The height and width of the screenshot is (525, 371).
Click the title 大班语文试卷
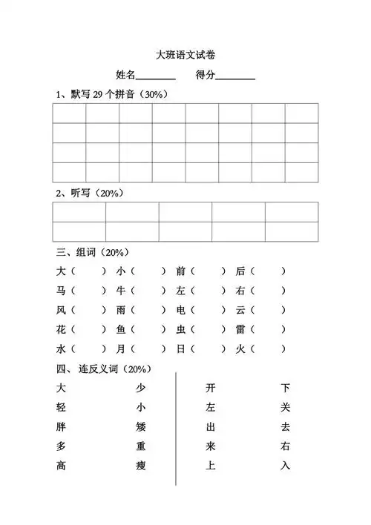pyautogui.click(x=185, y=54)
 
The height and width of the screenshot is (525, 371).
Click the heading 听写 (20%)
pyautogui.click(x=89, y=193)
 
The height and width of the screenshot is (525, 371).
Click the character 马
pyautogui.click(x=61, y=290)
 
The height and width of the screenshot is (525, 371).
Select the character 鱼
pyautogui.click(x=121, y=328)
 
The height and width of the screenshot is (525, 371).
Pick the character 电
pyautogui.click(x=181, y=309)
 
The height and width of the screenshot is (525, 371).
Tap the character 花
pyautogui.click(x=61, y=328)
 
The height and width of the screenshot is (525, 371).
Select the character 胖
pyautogui.click(x=61, y=426)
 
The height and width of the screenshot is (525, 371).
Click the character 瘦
pyautogui.click(x=141, y=466)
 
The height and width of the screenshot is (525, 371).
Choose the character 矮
pyautogui.click(x=141, y=426)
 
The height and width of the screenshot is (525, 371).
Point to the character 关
pyautogui.click(x=286, y=407)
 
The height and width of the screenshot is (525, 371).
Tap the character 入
pyautogui.click(x=286, y=466)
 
